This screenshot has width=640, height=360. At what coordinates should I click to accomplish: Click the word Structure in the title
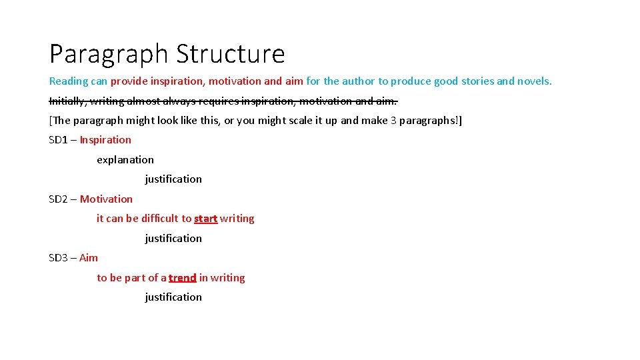[231, 53]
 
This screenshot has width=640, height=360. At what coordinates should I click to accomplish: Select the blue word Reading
[69, 81]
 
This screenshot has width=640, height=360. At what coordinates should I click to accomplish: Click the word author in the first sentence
[359, 81]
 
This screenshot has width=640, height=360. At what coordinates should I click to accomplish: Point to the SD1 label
[59, 140]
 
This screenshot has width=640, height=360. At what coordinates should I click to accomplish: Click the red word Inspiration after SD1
[105, 140]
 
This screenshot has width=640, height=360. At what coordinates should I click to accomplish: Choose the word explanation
[125, 159]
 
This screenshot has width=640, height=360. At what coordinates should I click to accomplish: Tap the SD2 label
[59, 199]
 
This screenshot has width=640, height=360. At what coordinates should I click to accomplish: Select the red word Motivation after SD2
[106, 199]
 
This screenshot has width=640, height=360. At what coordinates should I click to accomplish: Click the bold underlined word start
[205, 219]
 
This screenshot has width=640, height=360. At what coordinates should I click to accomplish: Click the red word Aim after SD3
[89, 258]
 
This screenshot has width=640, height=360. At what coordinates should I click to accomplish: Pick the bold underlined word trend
[182, 278]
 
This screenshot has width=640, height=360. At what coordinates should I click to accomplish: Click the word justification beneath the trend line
[173, 297]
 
